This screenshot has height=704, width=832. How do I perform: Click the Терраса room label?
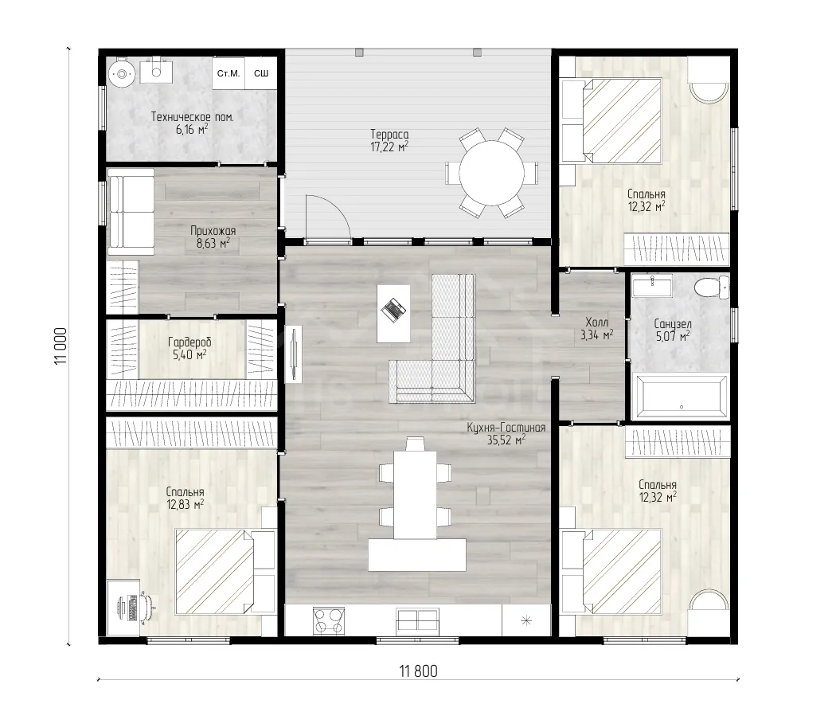click(389, 135)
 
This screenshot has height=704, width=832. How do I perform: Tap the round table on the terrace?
click(491, 173)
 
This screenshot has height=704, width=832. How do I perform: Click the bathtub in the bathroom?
click(682, 397)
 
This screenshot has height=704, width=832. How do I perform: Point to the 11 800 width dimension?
click(418, 671)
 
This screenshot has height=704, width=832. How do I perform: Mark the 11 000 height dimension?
click(61, 346)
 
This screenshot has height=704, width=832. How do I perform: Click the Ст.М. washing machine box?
click(229, 73)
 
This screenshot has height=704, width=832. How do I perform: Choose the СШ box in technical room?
click(261, 73)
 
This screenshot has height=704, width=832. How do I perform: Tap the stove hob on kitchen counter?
click(329, 620)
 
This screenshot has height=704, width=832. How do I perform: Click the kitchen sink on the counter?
click(417, 620)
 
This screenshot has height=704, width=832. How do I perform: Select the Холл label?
click(597, 323)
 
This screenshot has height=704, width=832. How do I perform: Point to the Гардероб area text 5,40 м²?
click(189, 354)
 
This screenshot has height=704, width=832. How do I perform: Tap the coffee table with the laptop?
click(393, 313)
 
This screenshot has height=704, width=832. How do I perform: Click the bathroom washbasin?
click(652, 286)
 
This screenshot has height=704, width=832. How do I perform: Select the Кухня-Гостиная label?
click(506, 428)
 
